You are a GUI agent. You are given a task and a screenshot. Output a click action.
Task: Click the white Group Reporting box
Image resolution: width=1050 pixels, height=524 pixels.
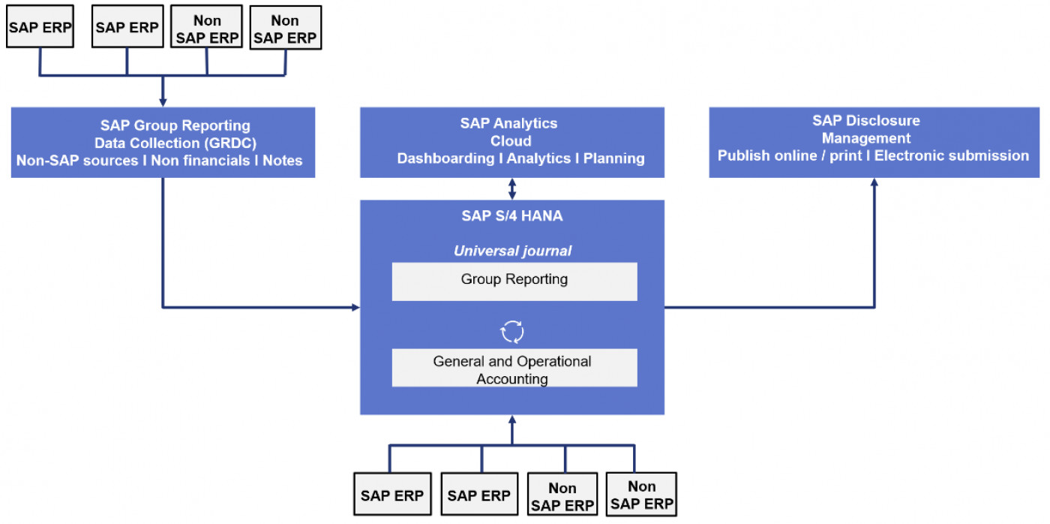click(x=514, y=281)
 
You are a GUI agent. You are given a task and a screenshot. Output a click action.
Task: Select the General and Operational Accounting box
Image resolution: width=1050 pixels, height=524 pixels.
click(x=514, y=368)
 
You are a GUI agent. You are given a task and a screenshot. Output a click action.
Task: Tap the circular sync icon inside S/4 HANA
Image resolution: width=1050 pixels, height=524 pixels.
click(x=513, y=330)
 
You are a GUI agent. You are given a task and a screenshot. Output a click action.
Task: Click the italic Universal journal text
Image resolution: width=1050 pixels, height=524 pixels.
click(x=512, y=251)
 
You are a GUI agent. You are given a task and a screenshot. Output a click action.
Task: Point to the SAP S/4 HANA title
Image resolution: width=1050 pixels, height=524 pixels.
click(x=512, y=216)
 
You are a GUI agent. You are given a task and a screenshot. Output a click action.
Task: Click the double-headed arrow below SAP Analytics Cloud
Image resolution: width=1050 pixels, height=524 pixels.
click(x=512, y=188)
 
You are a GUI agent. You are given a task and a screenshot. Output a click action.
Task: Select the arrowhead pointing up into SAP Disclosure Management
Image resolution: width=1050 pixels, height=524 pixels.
click(x=874, y=182)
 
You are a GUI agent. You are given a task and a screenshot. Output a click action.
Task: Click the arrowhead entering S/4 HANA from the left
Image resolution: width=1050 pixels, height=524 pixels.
click(x=355, y=307)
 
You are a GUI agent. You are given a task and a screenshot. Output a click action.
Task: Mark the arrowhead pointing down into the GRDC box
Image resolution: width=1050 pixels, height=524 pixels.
click(x=163, y=102)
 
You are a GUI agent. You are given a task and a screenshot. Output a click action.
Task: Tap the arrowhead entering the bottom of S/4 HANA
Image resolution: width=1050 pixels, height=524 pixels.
click(x=512, y=420)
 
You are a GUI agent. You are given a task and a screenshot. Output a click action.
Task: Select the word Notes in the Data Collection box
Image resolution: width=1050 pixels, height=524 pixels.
click(x=283, y=160)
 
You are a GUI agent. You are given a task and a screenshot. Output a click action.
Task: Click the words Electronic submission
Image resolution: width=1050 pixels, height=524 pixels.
click(x=952, y=155)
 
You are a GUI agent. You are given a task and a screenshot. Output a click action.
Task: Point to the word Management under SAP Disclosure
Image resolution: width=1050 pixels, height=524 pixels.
click(x=865, y=138)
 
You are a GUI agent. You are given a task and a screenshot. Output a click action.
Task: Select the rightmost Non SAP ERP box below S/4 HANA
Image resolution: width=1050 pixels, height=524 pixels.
click(x=641, y=495)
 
